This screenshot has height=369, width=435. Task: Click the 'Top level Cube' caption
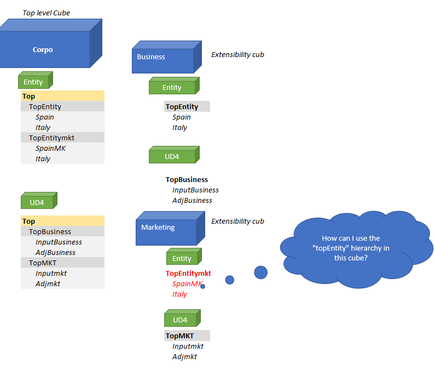pyautogui.click(x=46, y=13)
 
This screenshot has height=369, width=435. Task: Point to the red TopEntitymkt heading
pyautogui.click(x=188, y=273)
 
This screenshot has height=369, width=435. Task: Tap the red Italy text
pyautogui.click(x=179, y=294)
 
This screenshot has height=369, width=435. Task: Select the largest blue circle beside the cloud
pyautogui.click(x=260, y=272)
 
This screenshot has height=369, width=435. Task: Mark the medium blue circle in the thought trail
pyautogui.click(x=230, y=280)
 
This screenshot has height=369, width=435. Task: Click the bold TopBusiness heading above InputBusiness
pyautogui.click(x=187, y=179)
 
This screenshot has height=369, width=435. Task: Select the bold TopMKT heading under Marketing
pyautogui.click(x=179, y=336)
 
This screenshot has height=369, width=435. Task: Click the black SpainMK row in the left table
pyautogui.click(x=50, y=148)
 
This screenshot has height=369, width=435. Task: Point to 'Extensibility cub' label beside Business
pyautogui.click(x=237, y=54)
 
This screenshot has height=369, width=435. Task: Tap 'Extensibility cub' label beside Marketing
pyautogui.click(x=237, y=221)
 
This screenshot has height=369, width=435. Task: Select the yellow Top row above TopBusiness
pyautogui.click(x=62, y=221)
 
